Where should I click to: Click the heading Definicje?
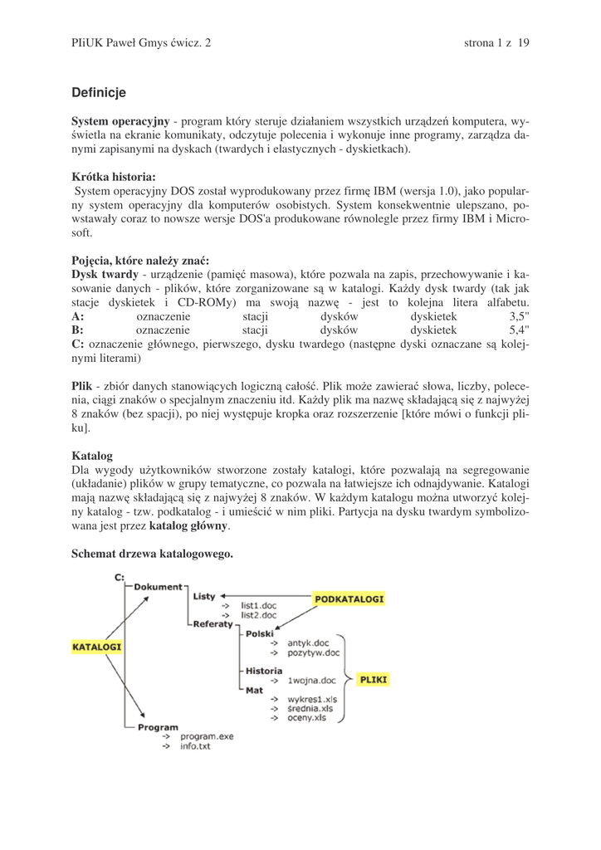click(99, 92)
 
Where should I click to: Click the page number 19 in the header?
click(523, 43)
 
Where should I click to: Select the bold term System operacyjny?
click(120, 121)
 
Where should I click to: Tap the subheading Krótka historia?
click(114, 177)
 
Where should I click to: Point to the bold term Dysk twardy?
click(105, 273)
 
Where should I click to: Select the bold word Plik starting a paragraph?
click(81, 386)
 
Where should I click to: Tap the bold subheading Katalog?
click(92, 456)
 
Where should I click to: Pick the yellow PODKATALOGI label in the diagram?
click(349, 598)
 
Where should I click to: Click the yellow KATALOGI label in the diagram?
click(97, 647)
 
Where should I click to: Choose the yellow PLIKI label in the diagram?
click(374, 679)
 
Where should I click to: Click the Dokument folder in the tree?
click(158, 587)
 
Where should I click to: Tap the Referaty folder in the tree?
click(213, 624)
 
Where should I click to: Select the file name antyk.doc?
click(308, 642)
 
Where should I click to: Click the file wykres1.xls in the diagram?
click(312, 699)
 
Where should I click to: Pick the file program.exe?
click(207, 736)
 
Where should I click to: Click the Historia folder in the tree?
click(263, 670)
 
